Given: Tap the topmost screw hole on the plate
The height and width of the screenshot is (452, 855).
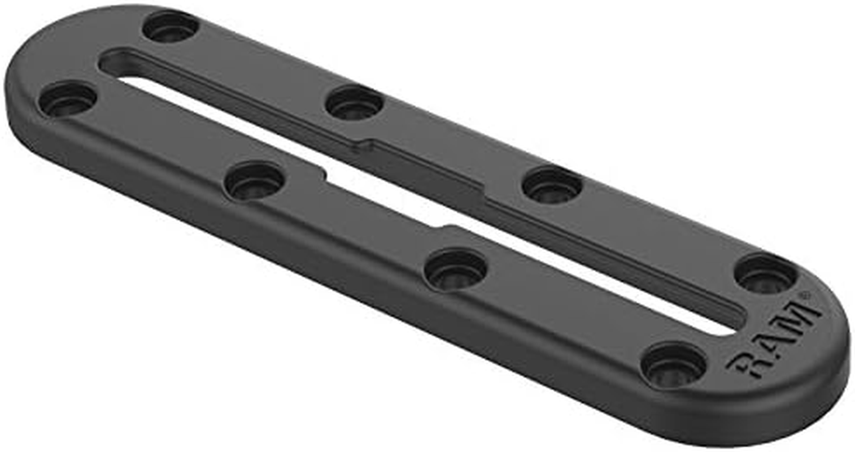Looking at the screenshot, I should [170, 26].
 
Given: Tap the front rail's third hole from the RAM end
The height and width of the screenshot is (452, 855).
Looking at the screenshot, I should [254, 180].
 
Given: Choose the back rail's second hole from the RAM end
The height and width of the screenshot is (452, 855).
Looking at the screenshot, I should [552, 185].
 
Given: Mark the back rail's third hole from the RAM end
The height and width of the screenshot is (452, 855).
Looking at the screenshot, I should [354, 103].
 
